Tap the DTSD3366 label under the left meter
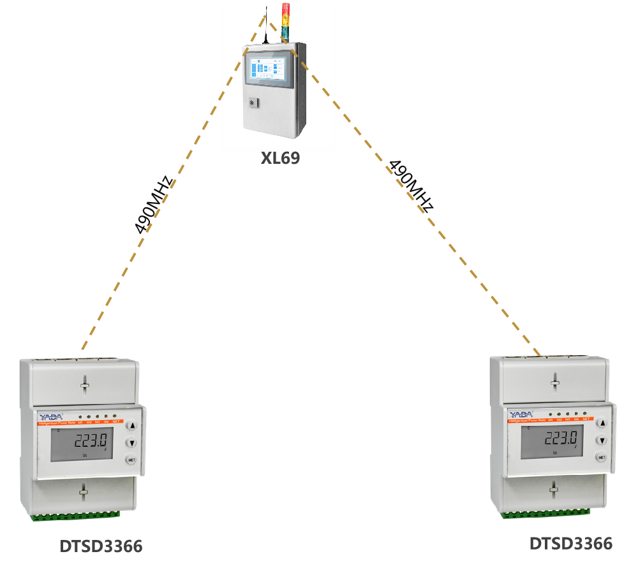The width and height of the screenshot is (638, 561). tap(101, 546)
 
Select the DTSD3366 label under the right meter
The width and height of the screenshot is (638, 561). tap(570, 543)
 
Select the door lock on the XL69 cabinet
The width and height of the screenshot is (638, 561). tap(252, 102)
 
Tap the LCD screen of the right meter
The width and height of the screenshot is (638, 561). tap(552, 441)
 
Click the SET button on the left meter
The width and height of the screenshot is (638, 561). tap(131, 460)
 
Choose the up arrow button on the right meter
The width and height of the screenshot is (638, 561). tap(601, 423)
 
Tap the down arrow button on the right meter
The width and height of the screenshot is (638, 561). tap(601, 440)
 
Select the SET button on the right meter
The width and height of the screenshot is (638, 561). tap(601, 457)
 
